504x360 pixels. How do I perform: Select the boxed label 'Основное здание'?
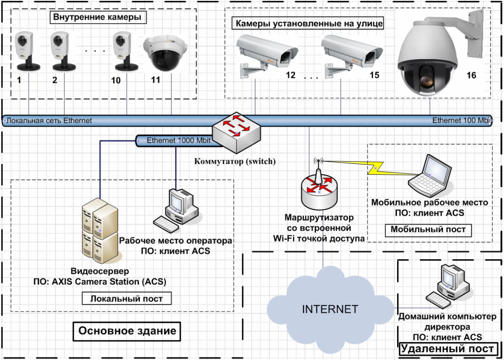pyautogui.click(x=127, y=331)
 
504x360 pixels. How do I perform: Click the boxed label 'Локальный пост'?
pyautogui.click(x=127, y=299)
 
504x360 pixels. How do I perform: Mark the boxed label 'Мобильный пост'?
pyautogui.click(x=428, y=230)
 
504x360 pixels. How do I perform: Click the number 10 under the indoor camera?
pyautogui.click(x=116, y=80)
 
